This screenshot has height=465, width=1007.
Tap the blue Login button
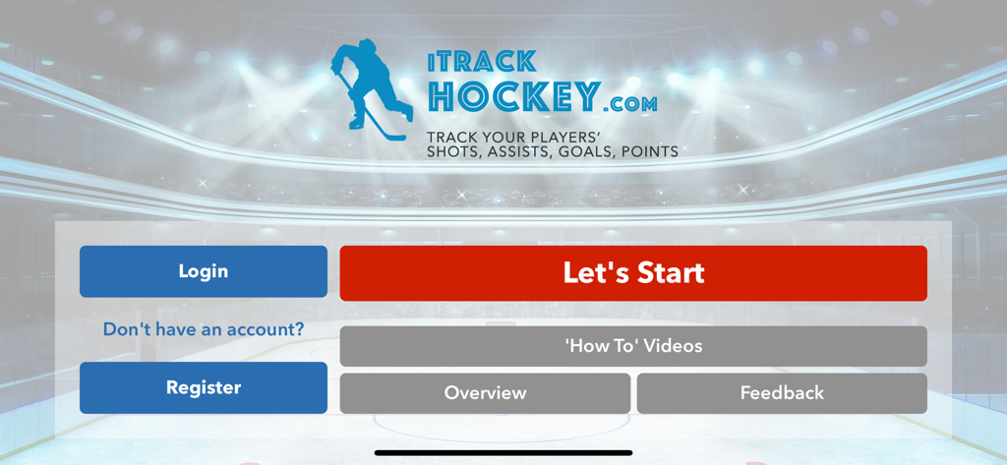[x=204, y=271]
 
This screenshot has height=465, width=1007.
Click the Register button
[x=204, y=387]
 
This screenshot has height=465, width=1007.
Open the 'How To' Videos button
[x=633, y=346]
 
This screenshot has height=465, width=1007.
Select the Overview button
[x=485, y=393]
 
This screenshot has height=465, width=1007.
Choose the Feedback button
[x=782, y=393]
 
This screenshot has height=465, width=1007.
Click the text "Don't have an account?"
[x=204, y=329]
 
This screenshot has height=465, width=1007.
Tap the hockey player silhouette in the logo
[x=372, y=84]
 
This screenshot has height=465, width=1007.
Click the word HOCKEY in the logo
[x=513, y=97]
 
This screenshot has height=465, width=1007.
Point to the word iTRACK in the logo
[x=482, y=62]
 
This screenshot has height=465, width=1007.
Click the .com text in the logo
[x=630, y=102]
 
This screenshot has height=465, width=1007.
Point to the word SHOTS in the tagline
[x=448, y=152]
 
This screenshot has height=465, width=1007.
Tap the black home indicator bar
[x=503, y=453]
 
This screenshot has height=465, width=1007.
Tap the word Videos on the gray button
[x=673, y=346]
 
